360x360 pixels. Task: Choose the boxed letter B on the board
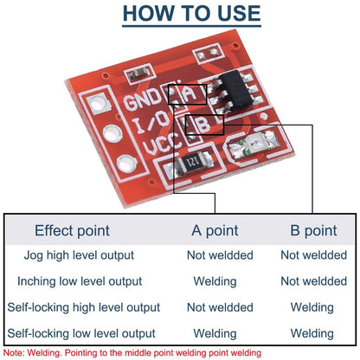pos(202,125)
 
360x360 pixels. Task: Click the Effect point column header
pos(72,230)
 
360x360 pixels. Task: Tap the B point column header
pos(312,230)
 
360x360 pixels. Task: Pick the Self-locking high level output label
pos(83,307)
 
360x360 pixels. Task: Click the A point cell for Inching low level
pos(219,281)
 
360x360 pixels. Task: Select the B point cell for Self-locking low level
pos(312,333)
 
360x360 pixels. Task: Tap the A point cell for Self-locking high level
pos(219,307)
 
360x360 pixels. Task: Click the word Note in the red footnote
pos(14,353)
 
